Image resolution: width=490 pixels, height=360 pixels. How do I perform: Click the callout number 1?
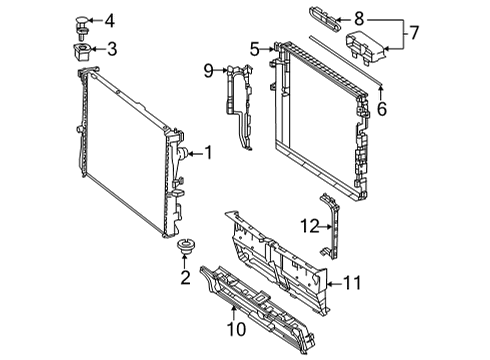point(208,153)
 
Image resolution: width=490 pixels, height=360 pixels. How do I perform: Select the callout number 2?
point(185,277)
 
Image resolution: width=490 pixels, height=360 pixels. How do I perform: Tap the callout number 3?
point(112,49)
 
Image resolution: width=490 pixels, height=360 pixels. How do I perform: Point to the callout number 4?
point(110,21)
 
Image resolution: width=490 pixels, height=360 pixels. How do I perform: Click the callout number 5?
point(254,49)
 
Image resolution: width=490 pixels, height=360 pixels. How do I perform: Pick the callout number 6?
point(382,109)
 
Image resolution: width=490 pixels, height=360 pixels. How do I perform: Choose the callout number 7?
point(413,33)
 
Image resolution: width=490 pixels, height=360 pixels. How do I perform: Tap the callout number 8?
point(359,19)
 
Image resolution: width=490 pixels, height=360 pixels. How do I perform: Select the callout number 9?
point(209,71)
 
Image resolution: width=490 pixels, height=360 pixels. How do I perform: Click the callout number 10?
point(237,329)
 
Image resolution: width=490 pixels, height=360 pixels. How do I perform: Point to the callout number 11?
point(352,284)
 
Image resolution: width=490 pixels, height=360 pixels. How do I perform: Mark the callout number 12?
point(310,226)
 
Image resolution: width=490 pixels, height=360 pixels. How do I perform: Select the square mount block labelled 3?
point(81,52)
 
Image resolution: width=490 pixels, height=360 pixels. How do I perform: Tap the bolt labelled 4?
point(81,27)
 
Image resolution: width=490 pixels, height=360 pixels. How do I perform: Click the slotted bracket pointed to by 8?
point(325,19)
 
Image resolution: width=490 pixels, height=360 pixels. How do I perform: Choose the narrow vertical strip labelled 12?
point(330,226)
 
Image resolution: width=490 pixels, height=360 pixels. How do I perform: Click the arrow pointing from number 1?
point(195,154)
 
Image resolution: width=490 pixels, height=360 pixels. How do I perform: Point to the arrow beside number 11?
point(334,284)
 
